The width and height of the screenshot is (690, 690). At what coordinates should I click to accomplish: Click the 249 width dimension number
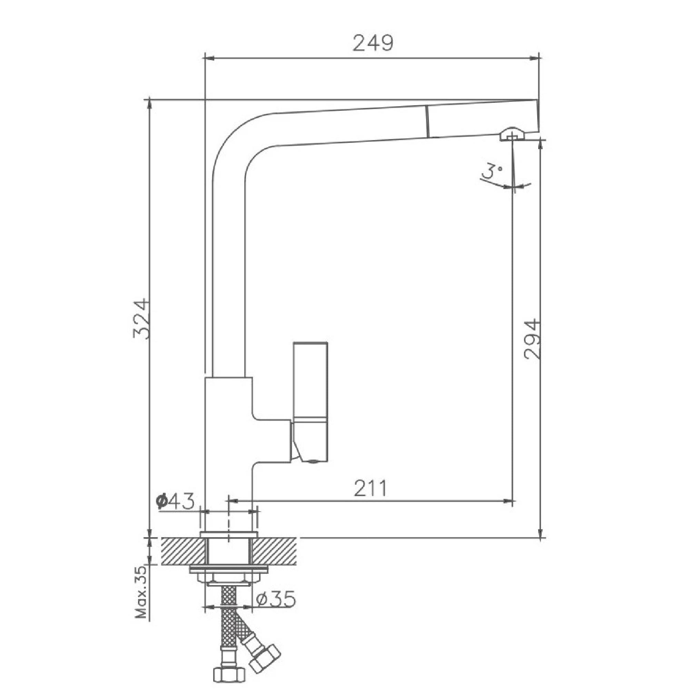pyautogui.click(x=373, y=43)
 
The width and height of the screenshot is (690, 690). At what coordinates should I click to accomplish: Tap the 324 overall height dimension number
pyautogui.click(x=141, y=319)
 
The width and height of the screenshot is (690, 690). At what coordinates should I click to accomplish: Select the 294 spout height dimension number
pyautogui.click(x=532, y=339)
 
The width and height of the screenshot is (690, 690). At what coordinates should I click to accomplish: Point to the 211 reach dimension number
pyautogui.click(x=370, y=488)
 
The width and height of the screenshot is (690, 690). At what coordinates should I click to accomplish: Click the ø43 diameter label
pyautogui.click(x=175, y=501)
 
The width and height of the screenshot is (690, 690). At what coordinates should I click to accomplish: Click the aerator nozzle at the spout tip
pyautogui.click(x=512, y=134)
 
